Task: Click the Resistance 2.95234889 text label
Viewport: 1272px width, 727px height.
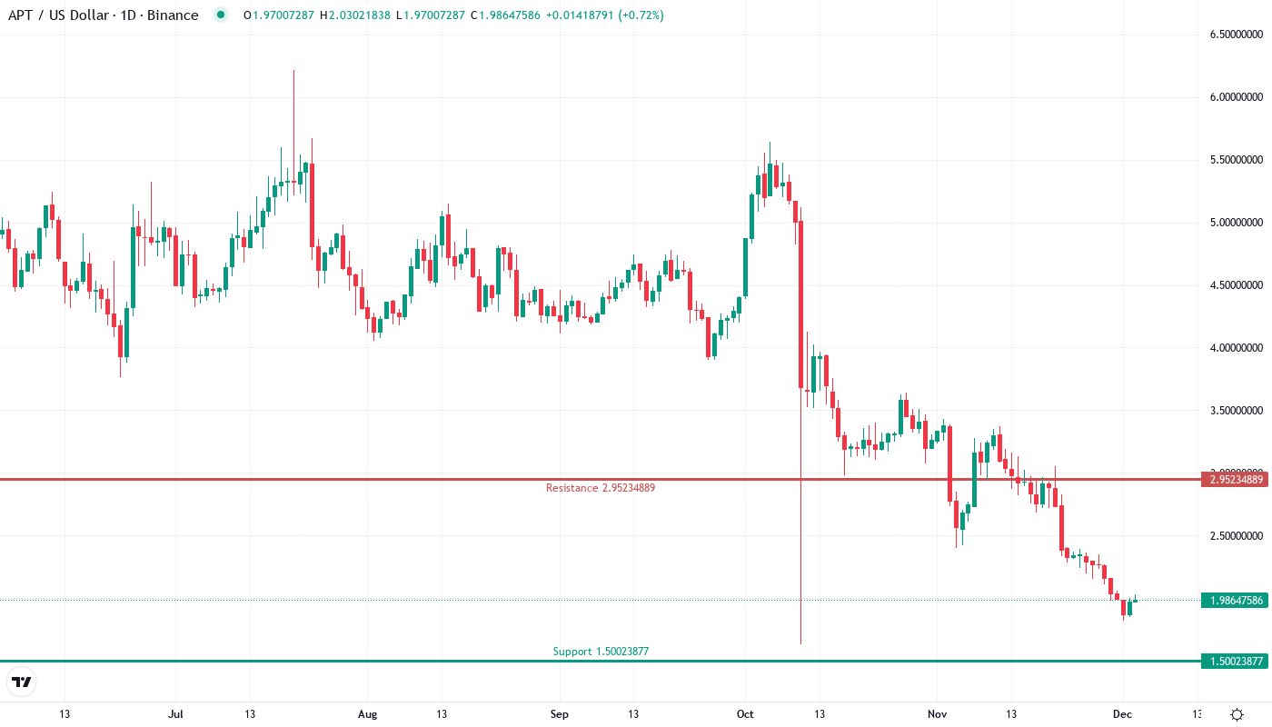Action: tap(600, 488)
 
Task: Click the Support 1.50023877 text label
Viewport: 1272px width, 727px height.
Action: tap(601, 652)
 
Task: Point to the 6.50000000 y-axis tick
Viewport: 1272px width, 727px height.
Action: tap(1236, 35)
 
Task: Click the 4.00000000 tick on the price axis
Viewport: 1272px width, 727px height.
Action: tap(1236, 348)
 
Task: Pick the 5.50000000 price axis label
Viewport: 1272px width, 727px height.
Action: tap(1236, 160)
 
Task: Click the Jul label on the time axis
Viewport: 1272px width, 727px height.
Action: tap(176, 714)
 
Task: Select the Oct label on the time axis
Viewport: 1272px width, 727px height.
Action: tap(745, 714)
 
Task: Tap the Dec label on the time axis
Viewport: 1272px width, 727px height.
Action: tap(1122, 714)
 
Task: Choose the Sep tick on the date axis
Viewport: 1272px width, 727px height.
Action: tap(560, 714)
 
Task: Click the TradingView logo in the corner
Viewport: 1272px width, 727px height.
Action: tap(22, 682)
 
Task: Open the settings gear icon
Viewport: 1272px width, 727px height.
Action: tap(1237, 714)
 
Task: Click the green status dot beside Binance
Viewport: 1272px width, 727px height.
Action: tap(220, 15)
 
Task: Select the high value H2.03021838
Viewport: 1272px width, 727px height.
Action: tap(354, 15)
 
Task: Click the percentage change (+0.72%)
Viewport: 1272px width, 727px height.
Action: tap(641, 15)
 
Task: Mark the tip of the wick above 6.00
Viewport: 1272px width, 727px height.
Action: tap(293, 70)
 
